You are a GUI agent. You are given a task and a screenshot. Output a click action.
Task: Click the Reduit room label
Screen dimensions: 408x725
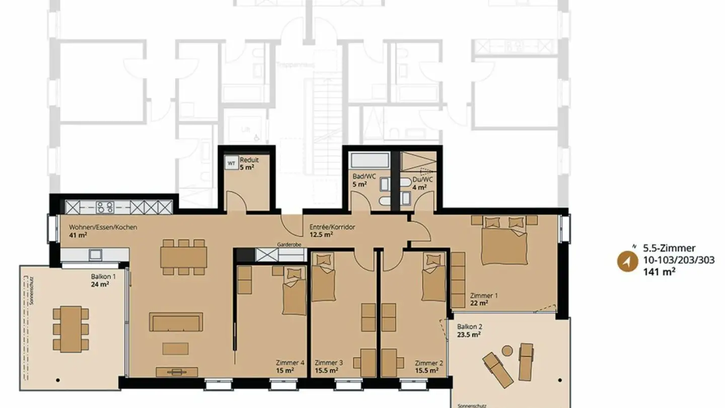tap(249, 160)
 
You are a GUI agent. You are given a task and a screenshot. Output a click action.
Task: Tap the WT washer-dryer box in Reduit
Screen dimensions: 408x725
tap(231, 163)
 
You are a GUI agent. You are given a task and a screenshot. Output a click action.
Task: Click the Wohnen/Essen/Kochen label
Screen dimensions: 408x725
tap(103, 227)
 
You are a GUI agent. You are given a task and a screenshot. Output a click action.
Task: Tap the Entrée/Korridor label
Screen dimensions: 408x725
tap(332, 227)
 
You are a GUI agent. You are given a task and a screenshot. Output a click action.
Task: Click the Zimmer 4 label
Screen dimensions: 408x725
tap(290, 363)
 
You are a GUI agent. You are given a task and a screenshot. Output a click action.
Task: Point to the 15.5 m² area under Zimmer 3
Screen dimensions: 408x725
tap(326, 371)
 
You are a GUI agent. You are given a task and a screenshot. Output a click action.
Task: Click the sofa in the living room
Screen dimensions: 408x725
tap(176, 322)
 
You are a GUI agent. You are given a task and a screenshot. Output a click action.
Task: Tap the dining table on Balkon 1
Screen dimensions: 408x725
tap(70, 328)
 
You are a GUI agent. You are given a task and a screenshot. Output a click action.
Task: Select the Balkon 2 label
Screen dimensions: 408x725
tap(466, 326)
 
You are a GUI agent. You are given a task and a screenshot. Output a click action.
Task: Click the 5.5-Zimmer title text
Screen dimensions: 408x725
tap(669, 248)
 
